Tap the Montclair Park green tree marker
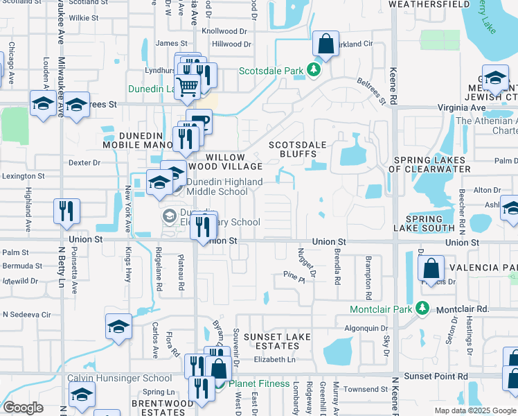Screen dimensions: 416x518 (x=421, y=309)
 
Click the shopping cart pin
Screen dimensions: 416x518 (x=188, y=87)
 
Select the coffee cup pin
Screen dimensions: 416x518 (x=199, y=121)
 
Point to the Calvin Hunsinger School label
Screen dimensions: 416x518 (x=119, y=378)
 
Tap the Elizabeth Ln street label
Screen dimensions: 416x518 (x=274, y=359)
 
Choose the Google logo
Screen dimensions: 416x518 (x=23, y=408)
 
